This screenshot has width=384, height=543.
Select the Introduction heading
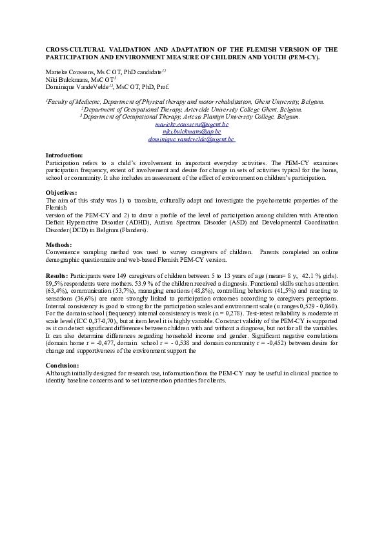click(x=65, y=155)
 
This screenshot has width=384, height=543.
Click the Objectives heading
click(x=61, y=193)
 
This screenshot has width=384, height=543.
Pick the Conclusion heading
click(x=63, y=365)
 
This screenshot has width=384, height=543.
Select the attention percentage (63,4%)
click(x=56, y=290)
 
